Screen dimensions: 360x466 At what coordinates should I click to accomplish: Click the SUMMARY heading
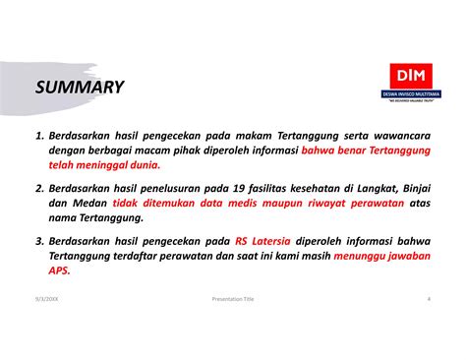pos(81,88)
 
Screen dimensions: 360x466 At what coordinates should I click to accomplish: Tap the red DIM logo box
pos(405,76)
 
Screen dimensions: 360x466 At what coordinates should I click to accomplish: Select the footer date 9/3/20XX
pos(44,299)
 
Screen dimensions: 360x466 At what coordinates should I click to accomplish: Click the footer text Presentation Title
pos(233,299)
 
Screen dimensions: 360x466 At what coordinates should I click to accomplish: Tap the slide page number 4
pos(429,299)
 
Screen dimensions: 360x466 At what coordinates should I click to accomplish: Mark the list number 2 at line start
pos(37,187)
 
